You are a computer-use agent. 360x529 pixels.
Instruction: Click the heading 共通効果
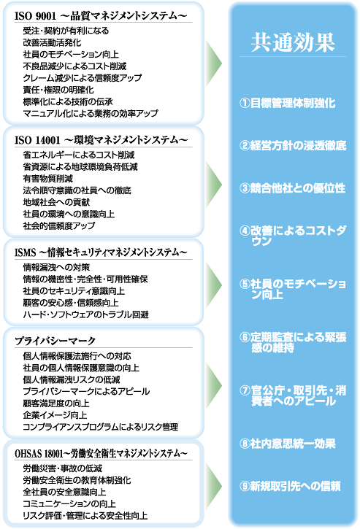tap(293, 42)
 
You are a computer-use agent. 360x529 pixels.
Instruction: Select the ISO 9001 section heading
tap(101, 16)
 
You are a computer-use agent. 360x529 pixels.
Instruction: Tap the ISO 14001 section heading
tap(101, 139)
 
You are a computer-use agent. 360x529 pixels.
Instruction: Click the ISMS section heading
tap(101, 252)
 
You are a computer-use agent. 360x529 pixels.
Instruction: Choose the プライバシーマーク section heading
tap(55, 341)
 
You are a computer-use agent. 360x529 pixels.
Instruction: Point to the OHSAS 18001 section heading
tap(101, 453)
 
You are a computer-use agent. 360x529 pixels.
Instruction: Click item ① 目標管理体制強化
tap(288, 103)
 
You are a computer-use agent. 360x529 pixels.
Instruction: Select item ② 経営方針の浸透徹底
tap(293, 145)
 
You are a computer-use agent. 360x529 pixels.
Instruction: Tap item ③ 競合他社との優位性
tap(293, 188)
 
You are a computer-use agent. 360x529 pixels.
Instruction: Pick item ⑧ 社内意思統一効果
tap(288, 444)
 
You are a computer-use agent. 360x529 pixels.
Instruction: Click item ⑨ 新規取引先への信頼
tap(290, 486)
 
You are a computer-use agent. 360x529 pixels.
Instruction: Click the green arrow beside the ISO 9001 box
tap(213, 63)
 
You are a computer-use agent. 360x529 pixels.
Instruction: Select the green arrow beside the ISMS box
tap(213, 285)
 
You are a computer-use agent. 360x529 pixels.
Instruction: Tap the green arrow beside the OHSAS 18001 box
tap(213, 486)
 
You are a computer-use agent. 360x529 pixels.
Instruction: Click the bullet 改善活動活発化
tap(52, 42)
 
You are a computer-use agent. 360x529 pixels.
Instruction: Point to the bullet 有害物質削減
tap(48, 179)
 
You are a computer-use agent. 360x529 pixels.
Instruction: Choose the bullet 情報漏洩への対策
tap(56, 267)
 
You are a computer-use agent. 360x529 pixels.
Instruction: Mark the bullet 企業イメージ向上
tap(55, 415)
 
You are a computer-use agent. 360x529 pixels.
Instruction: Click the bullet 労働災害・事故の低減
tap(63, 468)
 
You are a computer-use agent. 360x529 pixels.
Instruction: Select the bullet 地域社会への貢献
tap(56, 202)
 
